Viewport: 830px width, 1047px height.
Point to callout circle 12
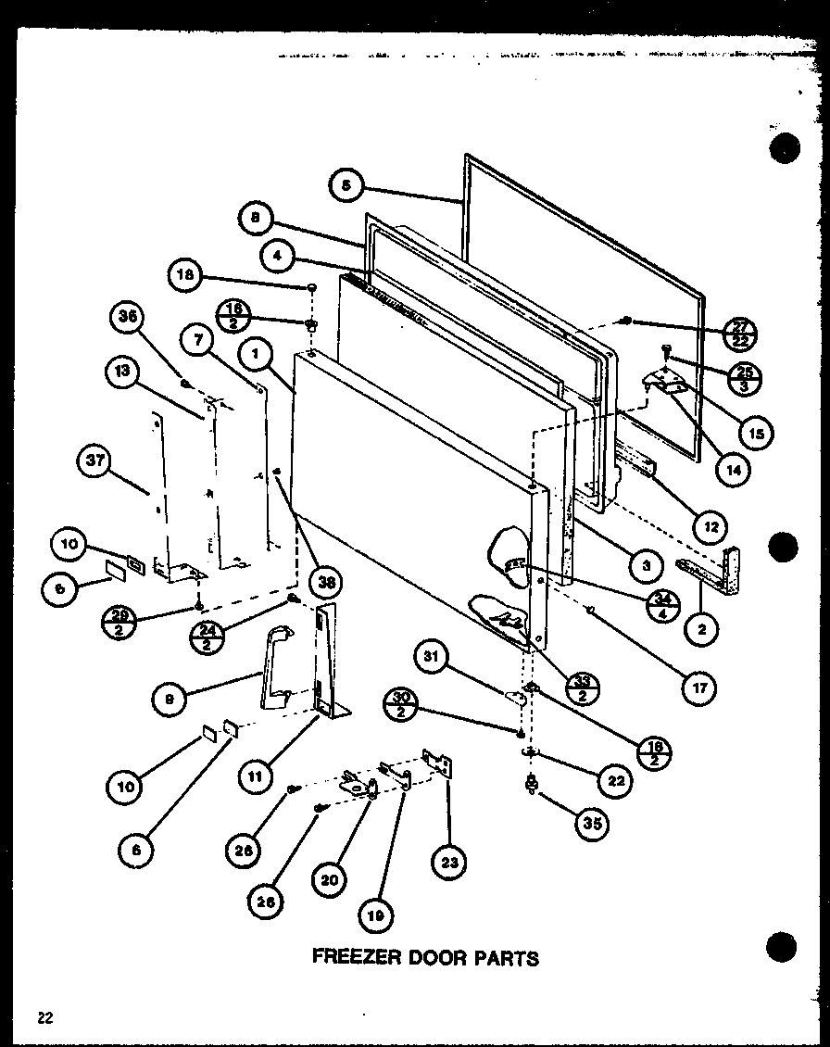[711, 525]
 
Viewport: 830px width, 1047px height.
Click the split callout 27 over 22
[738, 333]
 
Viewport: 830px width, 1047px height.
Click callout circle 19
[374, 916]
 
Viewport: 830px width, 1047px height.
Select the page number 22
[45, 1018]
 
